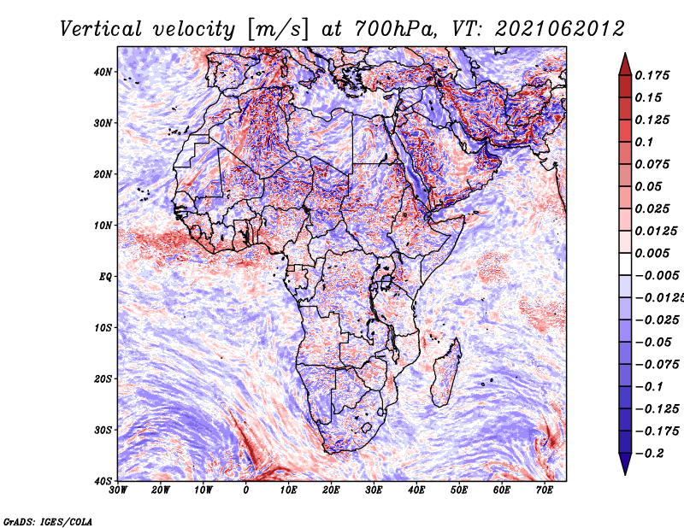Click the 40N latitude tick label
pos(103,72)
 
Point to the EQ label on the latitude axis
pos(105,277)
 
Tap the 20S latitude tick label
pos(103,378)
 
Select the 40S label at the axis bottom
pos(103,481)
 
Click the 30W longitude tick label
pos(118,490)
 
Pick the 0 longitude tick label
pos(246,490)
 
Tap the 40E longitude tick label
pos(416,490)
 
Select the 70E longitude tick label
pos(545,490)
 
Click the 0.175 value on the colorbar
pos(652,76)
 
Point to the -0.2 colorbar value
pos(650,454)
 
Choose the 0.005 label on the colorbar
pos(652,253)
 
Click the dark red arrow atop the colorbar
pos(625,65)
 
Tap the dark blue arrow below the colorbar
pos(625,464)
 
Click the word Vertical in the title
pos(101,29)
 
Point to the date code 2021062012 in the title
pos(560,29)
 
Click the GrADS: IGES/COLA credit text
pos(48,522)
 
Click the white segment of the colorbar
pos(625,264)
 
